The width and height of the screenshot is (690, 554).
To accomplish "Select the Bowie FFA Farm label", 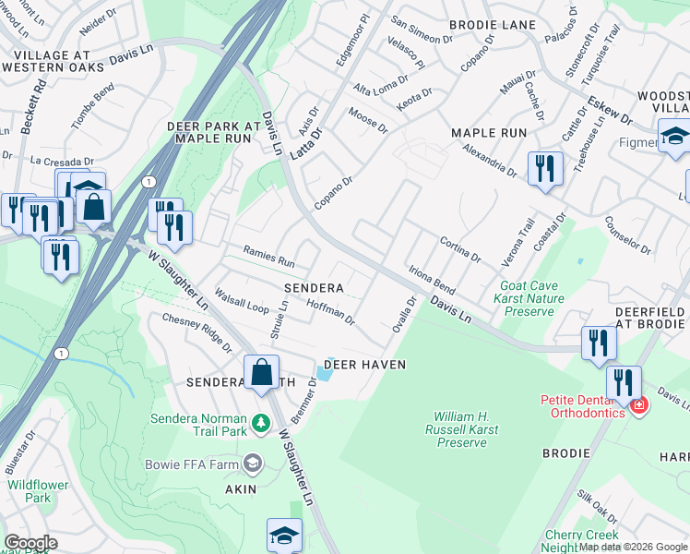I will [190, 463].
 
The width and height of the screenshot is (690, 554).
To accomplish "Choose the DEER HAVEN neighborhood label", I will [366, 365].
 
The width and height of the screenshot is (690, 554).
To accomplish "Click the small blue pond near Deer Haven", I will [324, 373].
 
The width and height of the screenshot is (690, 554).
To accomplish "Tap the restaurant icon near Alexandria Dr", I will [544, 168].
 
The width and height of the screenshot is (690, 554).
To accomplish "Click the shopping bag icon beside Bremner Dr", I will [262, 371].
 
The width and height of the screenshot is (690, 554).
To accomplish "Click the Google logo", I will [30, 543].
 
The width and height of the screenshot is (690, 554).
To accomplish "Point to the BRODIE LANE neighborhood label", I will [486, 24].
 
